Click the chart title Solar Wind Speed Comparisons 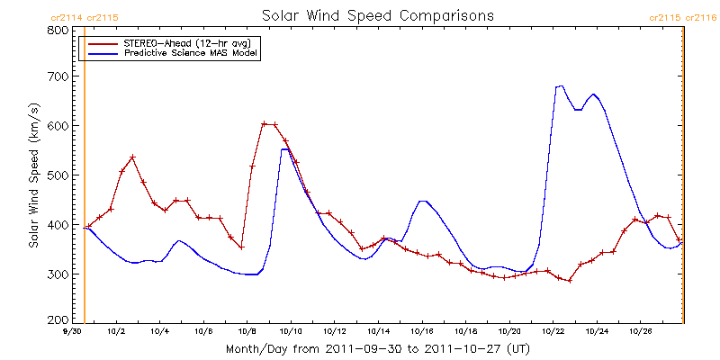click(378, 16)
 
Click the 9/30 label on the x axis click(73, 332)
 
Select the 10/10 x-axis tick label click(291, 332)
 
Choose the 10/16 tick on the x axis click(421, 332)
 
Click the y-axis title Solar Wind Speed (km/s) click(33, 175)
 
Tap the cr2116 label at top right click(702, 17)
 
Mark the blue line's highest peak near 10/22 click(562, 85)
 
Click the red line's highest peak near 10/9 click(265, 124)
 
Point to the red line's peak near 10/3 click(132, 157)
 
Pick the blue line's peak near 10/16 click(422, 201)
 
